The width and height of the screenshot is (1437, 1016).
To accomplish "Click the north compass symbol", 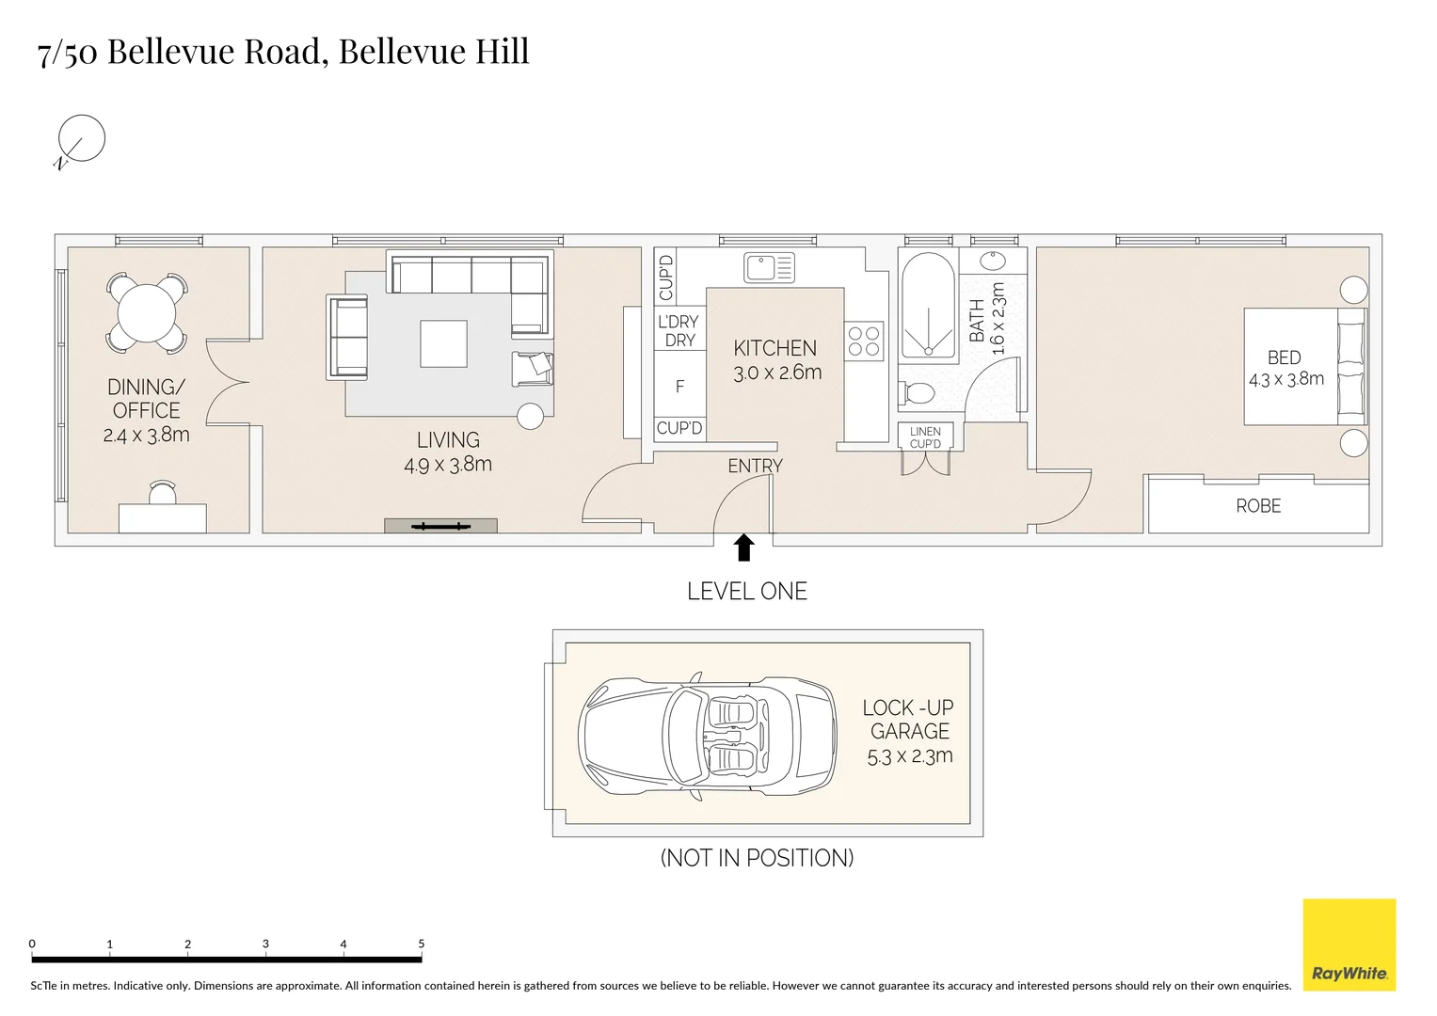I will click(80, 139).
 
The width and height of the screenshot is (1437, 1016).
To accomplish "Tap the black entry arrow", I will click(743, 548).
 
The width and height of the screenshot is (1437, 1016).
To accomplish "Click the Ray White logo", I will click(1349, 945).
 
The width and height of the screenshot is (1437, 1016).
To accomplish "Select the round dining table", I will click(146, 314).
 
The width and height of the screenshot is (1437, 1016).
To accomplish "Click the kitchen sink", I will click(769, 267).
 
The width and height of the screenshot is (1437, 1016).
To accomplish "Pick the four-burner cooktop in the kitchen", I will click(864, 341).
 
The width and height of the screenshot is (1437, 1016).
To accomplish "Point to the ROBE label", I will click(1258, 506).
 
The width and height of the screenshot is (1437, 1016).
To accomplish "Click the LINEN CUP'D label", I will click(925, 437).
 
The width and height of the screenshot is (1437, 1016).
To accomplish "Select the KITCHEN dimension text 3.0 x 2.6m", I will click(777, 373).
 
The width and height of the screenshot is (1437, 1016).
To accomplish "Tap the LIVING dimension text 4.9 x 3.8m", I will click(448, 464).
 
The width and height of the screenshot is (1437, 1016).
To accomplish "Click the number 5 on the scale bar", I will click(421, 944).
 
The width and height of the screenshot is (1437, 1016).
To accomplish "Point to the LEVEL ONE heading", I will click(747, 592).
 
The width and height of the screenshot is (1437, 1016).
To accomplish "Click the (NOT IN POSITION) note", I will click(757, 858).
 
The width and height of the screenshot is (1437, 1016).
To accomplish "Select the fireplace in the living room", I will click(440, 526).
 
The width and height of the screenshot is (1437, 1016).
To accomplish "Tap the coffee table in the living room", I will click(443, 344).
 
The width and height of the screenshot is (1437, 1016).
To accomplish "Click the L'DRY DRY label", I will click(679, 331).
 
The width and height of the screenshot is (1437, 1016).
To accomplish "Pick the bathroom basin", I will click(993, 261).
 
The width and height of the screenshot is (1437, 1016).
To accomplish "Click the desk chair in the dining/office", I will click(162, 492).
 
